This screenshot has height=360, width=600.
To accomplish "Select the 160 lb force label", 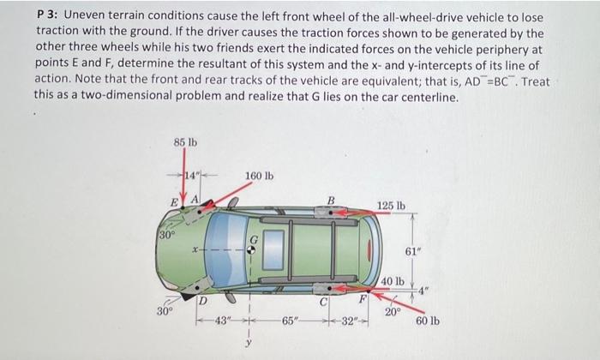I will pyautogui.click(x=259, y=177).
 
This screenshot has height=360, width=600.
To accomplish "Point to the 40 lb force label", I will pyautogui.click(x=393, y=281).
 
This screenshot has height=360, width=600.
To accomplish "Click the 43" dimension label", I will pyautogui.click(x=222, y=321).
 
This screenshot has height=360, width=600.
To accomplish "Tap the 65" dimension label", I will pyautogui.click(x=289, y=322).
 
